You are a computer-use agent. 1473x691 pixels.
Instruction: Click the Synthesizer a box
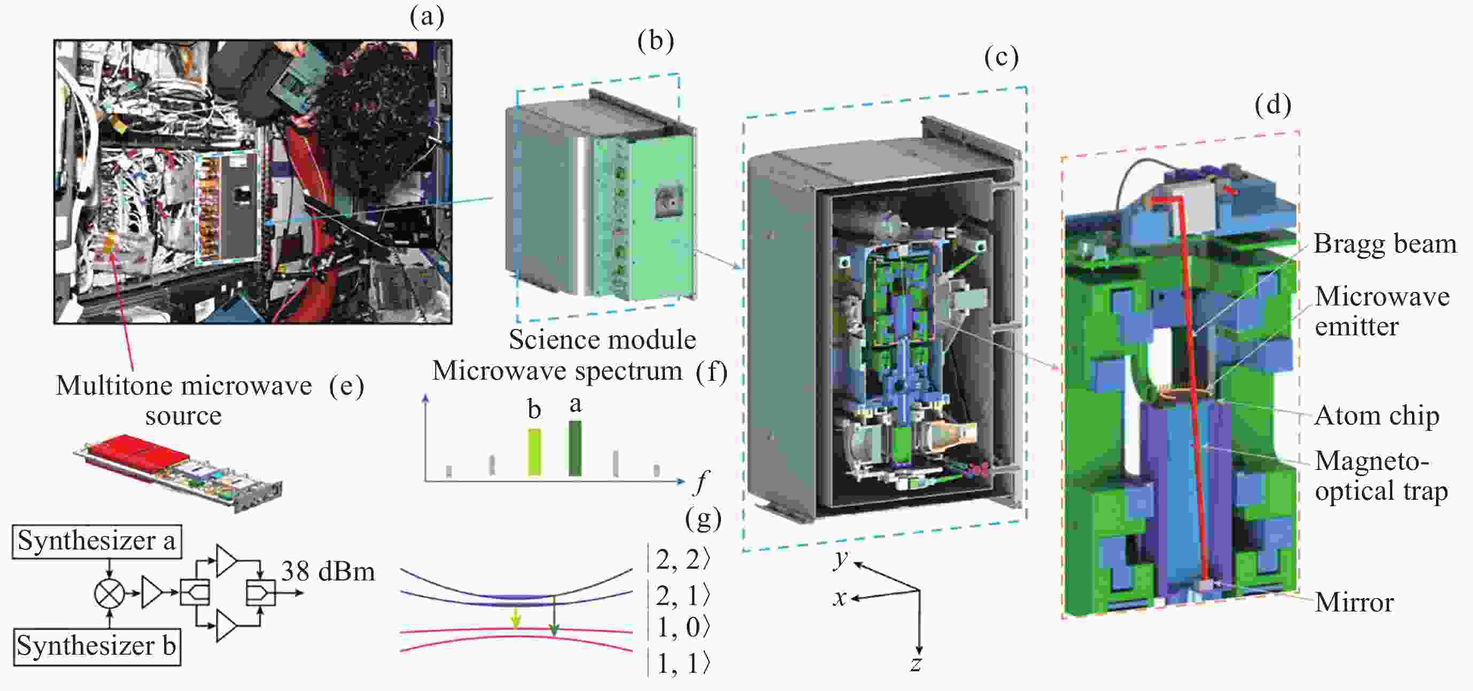pyautogui.click(x=97, y=541)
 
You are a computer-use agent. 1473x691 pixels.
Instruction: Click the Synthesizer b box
pyautogui.click(x=97, y=647)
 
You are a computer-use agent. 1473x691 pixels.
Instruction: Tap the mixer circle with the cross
pyautogui.click(x=109, y=593)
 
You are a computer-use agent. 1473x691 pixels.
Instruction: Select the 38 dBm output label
pyautogui.click(x=328, y=571)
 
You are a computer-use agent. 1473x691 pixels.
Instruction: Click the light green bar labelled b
pyautogui.click(x=534, y=452)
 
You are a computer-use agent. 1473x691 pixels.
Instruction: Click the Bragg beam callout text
pyautogui.click(x=1384, y=244)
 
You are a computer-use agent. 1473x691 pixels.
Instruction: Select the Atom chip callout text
pyautogui.click(x=1376, y=415)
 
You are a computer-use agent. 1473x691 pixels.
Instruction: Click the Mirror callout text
pyautogui.click(x=1354, y=602)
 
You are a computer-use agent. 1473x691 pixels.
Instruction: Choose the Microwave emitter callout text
pyautogui.click(x=1382, y=311)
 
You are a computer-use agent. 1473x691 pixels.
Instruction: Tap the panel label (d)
pyautogui.click(x=1273, y=105)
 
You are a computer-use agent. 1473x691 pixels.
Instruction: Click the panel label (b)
pyautogui.click(x=655, y=41)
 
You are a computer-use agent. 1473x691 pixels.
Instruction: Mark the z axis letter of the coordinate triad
pyautogui.click(x=916, y=664)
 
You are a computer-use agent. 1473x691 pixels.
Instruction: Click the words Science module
pyautogui.click(x=602, y=340)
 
